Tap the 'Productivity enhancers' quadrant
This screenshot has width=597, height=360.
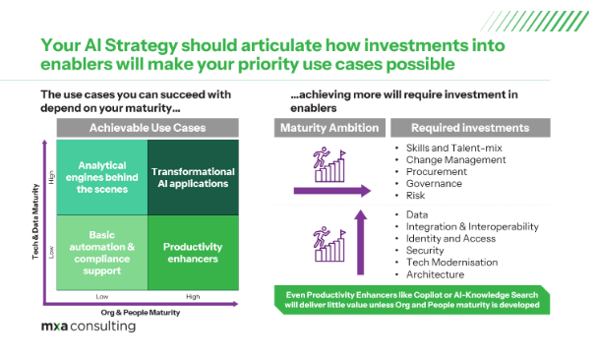tap(194, 252)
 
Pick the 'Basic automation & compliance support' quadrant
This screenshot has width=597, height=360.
tap(102, 252)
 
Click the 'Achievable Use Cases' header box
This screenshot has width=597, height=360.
tap(148, 129)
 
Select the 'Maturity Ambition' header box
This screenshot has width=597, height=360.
tap(328, 129)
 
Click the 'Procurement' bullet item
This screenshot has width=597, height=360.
tap(437, 170)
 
